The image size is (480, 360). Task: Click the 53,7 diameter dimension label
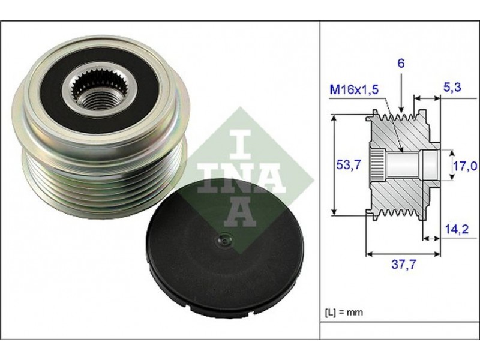pyautogui.click(x=349, y=165)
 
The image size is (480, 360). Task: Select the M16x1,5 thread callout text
pyautogui.click(x=354, y=89)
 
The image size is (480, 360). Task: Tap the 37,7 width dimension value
pyautogui.click(x=404, y=264)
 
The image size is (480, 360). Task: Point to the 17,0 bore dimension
pyautogui.click(x=465, y=166)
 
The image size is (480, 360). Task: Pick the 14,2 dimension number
pyautogui.click(x=457, y=229)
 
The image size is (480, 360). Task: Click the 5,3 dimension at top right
pyautogui.click(x=452, y=87)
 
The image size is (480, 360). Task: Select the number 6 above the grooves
pyautogui.click(x=401, y=63)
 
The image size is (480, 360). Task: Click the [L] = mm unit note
pyautogui.click(x=343, y=312)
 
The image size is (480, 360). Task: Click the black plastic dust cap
pyautogui.click(x=225, y=247)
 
